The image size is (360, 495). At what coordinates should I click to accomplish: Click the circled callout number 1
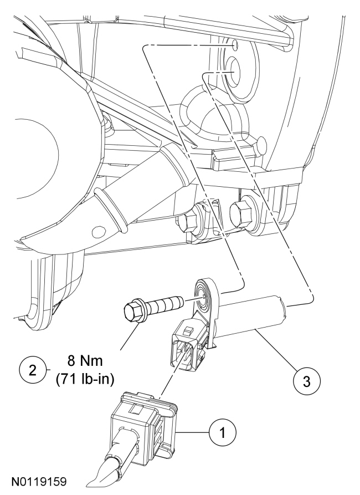(223, 432)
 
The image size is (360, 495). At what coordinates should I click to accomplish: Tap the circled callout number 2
(33, 370)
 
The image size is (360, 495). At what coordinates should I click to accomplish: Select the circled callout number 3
(306, 382)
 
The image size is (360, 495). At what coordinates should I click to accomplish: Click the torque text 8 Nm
(85, 361)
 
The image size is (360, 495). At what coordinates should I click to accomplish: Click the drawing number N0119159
(39, 482)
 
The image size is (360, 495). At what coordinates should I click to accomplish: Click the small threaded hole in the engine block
(235, 46)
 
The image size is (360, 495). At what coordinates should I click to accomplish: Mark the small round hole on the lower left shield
(99, 233)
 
